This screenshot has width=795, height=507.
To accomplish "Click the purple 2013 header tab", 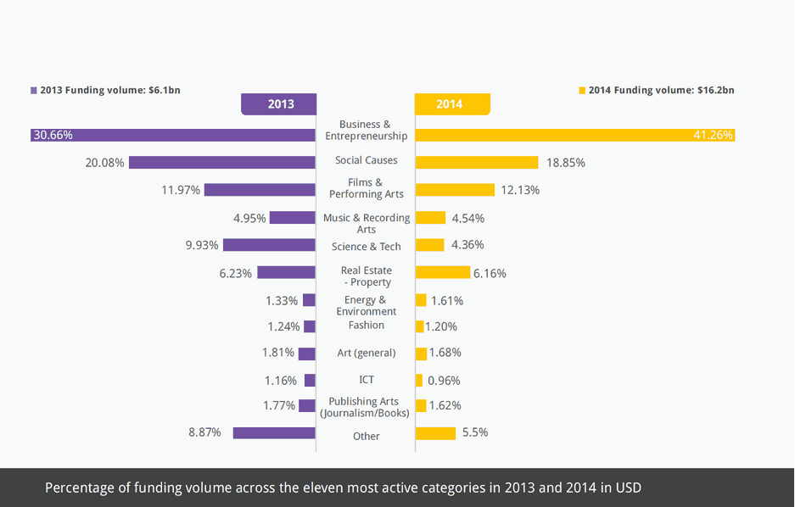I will tap(280, 104).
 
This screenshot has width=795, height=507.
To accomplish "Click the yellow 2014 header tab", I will tap(451, 104).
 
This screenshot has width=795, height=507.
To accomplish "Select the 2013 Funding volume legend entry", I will tap(105, 90).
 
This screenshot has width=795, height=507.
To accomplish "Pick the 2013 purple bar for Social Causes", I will tap(222, 162).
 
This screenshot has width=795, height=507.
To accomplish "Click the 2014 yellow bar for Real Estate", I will tap(442, 272).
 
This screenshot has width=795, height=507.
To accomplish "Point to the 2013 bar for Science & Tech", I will tap(269, 245).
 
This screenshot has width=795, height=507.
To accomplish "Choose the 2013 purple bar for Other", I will tap(274, 432).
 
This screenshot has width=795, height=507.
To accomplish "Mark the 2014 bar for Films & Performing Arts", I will tap(455, 190).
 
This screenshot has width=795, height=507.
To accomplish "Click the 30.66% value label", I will tap(53, 135).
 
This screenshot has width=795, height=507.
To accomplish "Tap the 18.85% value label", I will tap(565, 162).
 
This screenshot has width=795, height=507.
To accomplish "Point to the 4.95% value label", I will tap(249, 218).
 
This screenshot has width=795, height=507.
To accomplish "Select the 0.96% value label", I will tap(444, 381).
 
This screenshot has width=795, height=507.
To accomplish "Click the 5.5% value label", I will tap(474, 432).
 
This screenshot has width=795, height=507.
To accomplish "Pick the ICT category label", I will tap(367, 380).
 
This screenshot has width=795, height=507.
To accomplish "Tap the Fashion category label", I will tap(367, 326).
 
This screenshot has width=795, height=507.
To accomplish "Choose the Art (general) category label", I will tap(367, 353).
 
